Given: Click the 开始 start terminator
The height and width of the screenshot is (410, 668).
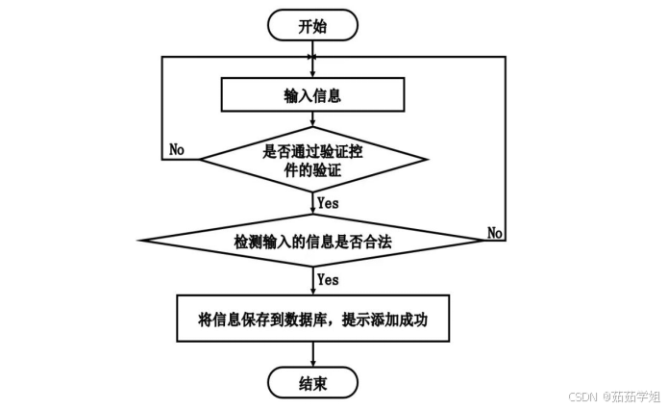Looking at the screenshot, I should point(312,25).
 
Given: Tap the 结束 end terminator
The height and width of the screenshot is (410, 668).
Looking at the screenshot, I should point(312,382).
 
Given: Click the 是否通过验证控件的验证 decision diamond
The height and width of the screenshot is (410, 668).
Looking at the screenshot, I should point(312,159).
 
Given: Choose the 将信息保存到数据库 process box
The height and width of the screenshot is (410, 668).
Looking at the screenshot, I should point(312,317).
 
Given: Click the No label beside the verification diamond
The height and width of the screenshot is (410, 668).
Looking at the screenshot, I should point(178,149).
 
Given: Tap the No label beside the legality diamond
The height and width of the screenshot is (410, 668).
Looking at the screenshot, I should point(495,233).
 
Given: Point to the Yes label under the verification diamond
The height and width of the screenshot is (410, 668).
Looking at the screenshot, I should point(329,203).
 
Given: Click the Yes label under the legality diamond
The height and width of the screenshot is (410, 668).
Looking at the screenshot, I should point(329,280).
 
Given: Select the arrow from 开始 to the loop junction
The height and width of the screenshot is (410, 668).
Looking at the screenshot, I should point(312,48).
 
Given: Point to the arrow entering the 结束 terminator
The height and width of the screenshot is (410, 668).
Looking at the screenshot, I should point(312,353).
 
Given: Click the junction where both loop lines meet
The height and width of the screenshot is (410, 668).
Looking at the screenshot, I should point(312,58).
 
